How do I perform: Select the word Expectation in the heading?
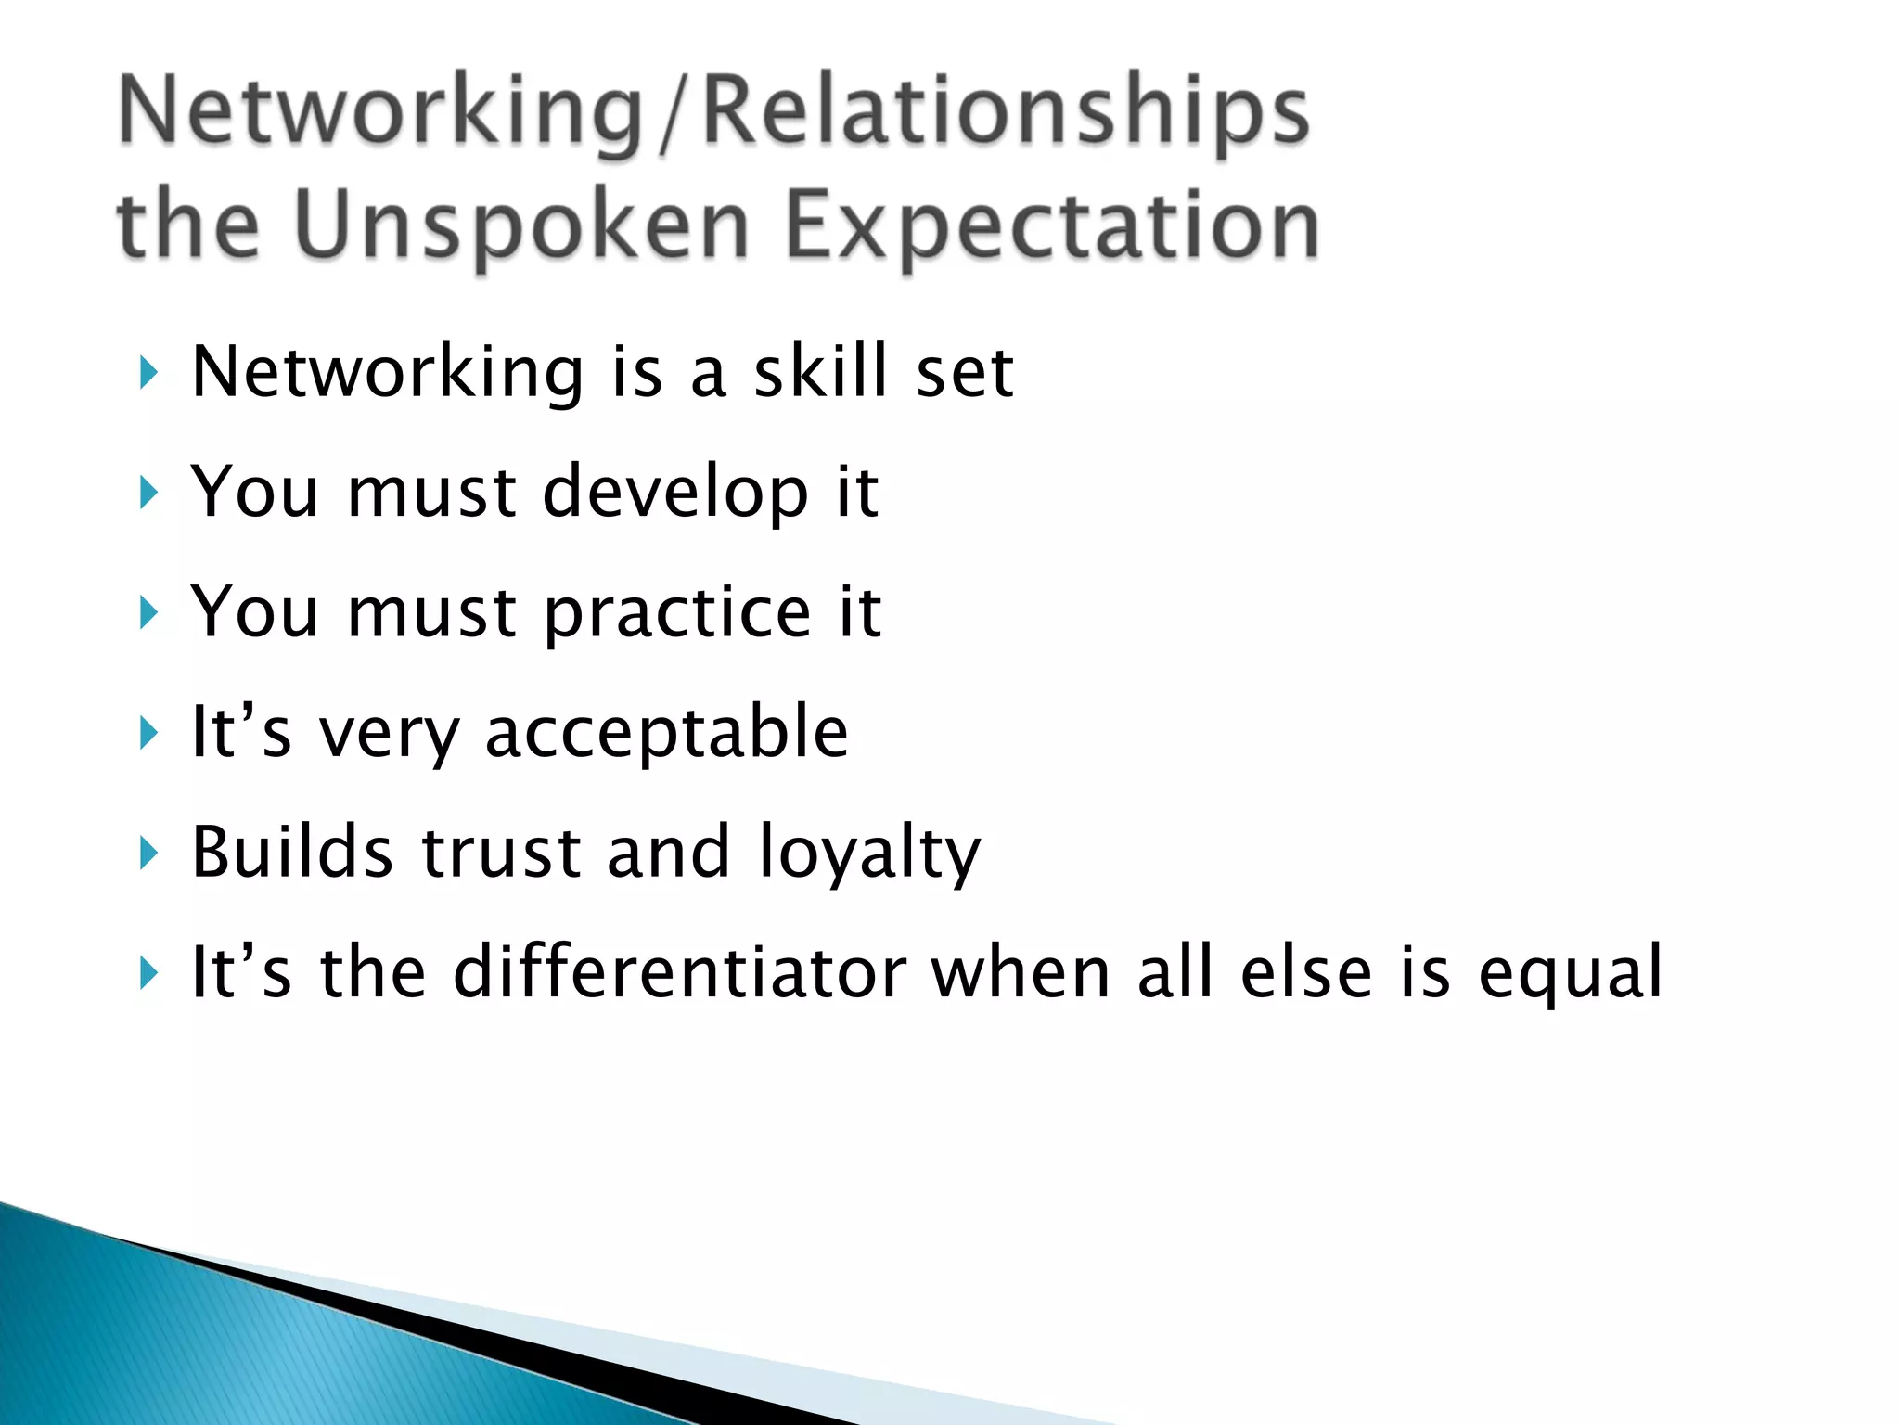(1051, 225)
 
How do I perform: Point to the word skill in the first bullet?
(820, 372)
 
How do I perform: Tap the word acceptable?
(666, 733)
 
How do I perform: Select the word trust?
(501, 852)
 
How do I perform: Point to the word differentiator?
(679, 972)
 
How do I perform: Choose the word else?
(1305, 972)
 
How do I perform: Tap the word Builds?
(292, 852)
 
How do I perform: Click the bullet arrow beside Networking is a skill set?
(148, 373)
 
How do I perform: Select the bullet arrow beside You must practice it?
(148, 613)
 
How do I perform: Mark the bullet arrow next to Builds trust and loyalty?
(148, 853)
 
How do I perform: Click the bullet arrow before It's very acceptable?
(148, 733)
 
